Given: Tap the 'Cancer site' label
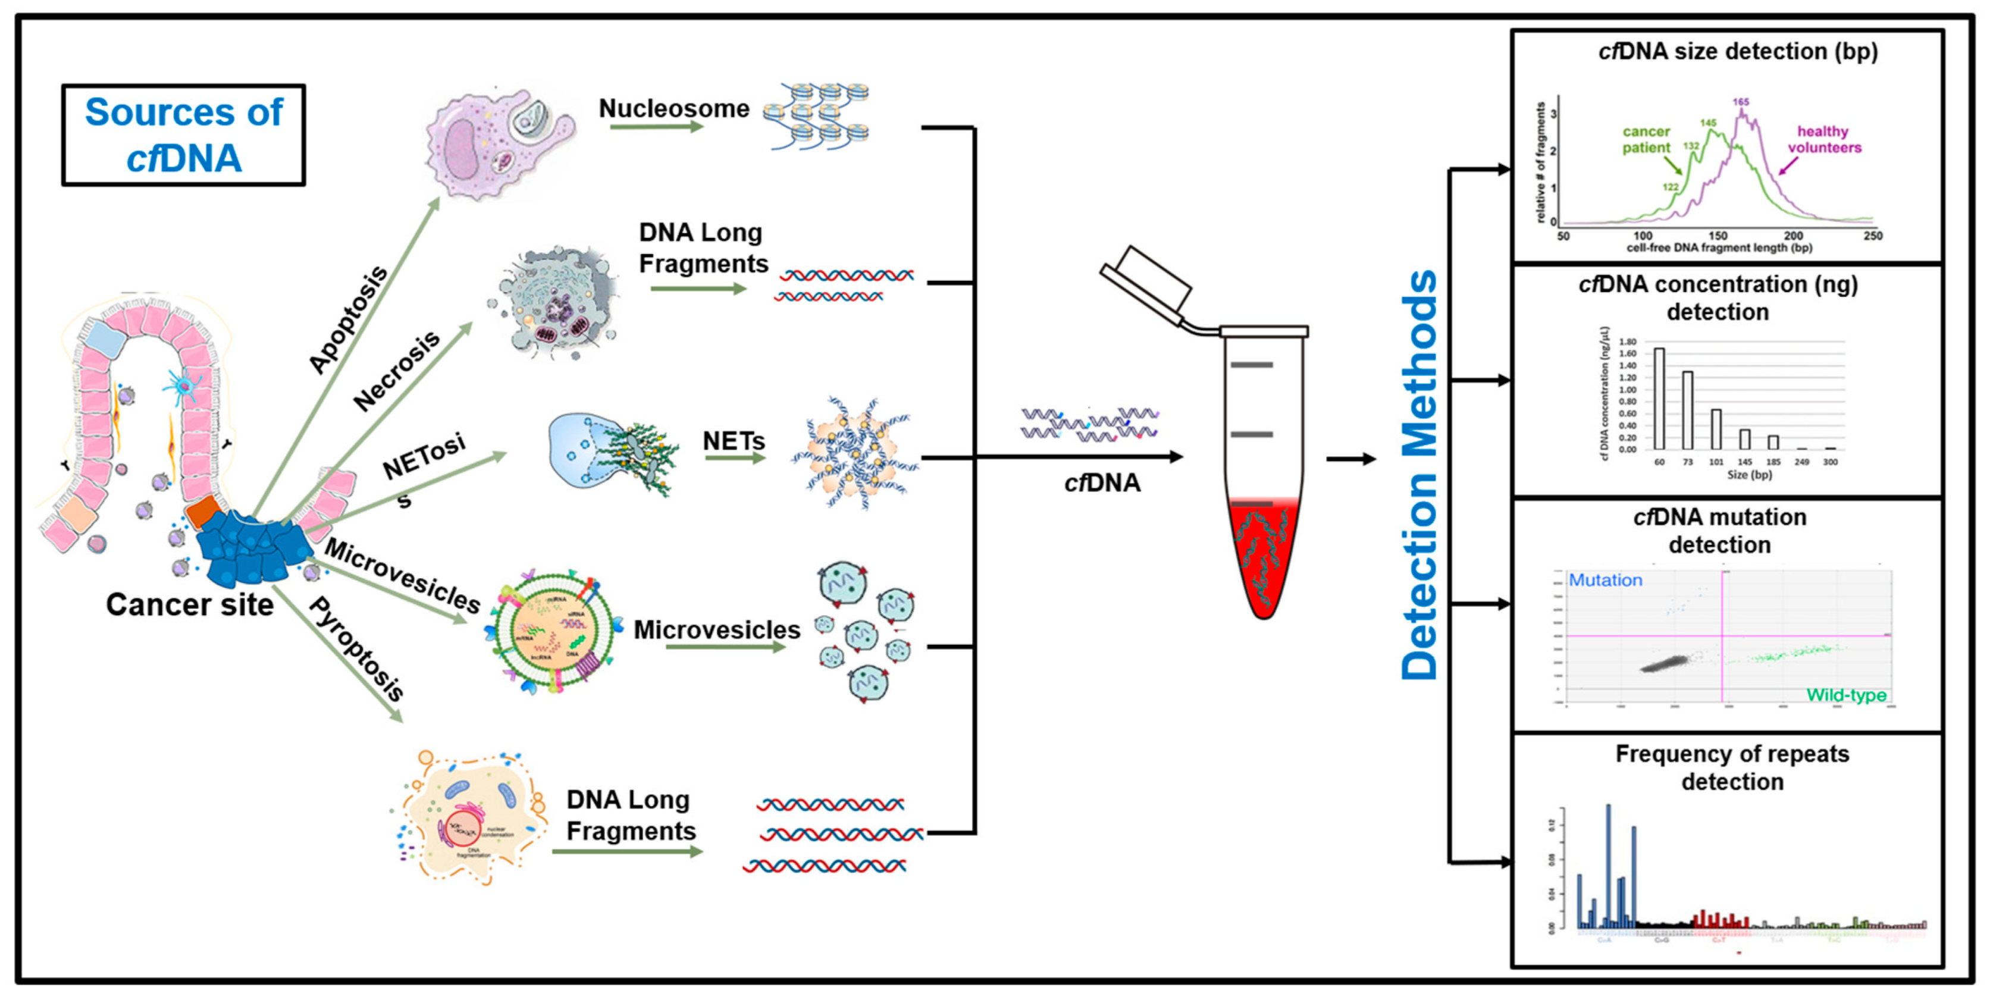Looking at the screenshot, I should coord(190,604).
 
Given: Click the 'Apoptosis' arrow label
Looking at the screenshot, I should coord(347,319).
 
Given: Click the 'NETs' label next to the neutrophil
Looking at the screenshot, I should coord(733,441).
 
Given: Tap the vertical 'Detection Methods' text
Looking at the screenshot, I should coord(1419,474).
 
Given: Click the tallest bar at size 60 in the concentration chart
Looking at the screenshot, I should coord(1659,398).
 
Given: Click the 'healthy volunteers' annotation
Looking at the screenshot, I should coord(1823,139).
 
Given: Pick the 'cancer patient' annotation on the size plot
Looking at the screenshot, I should coord(1646,139).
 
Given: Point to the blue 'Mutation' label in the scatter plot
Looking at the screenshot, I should coord(1605,579).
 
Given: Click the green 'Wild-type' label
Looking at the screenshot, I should coord(1846,695).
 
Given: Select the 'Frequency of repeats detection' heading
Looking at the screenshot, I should coord(1731,767).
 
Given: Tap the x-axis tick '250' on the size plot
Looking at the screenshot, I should coord(1873,236).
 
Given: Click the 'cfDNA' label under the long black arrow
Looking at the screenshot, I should coord(1102,483).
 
